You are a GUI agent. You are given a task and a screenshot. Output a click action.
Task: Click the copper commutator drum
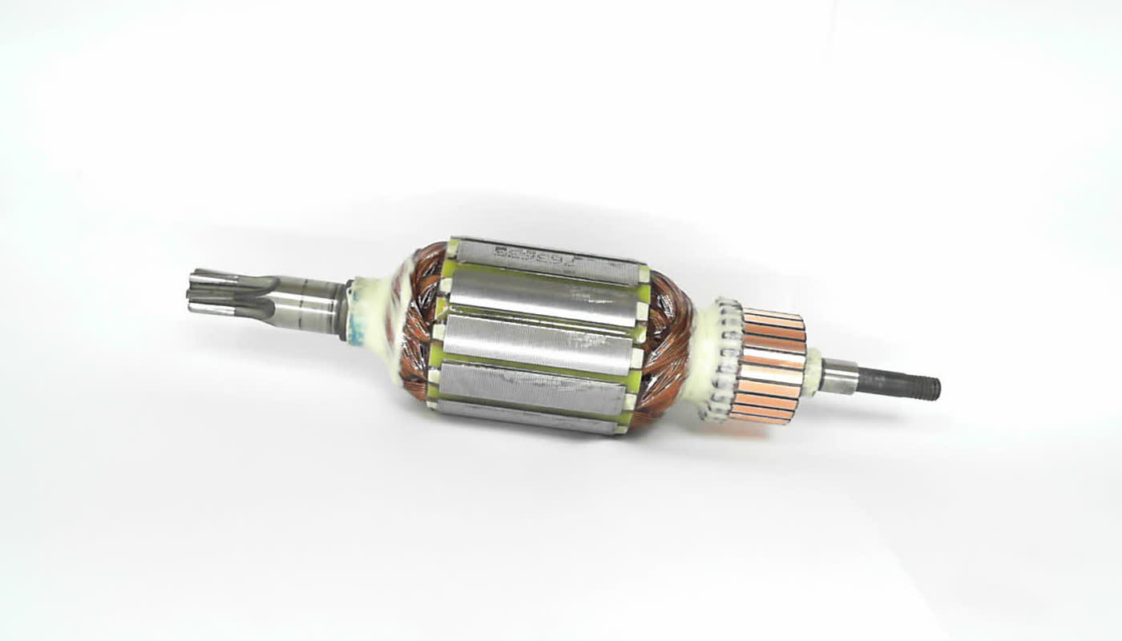click(770, 365)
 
